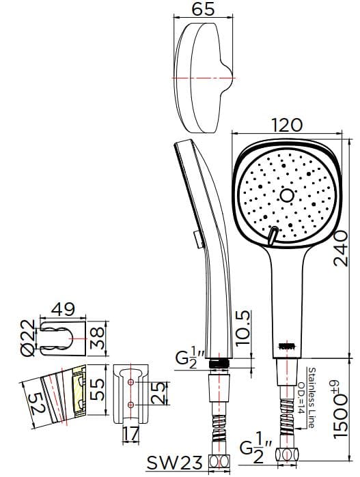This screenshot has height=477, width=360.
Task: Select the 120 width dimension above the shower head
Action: (286, 125)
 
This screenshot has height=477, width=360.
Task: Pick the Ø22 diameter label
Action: (28, 338)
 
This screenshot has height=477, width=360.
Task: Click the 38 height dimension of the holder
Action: (100, 337)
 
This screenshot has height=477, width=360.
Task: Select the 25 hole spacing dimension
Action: (158, 394)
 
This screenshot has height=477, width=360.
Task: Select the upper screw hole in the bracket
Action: (130, 382)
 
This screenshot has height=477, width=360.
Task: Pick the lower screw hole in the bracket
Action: (130, 405)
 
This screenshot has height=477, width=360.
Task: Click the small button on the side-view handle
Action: (197, 239)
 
